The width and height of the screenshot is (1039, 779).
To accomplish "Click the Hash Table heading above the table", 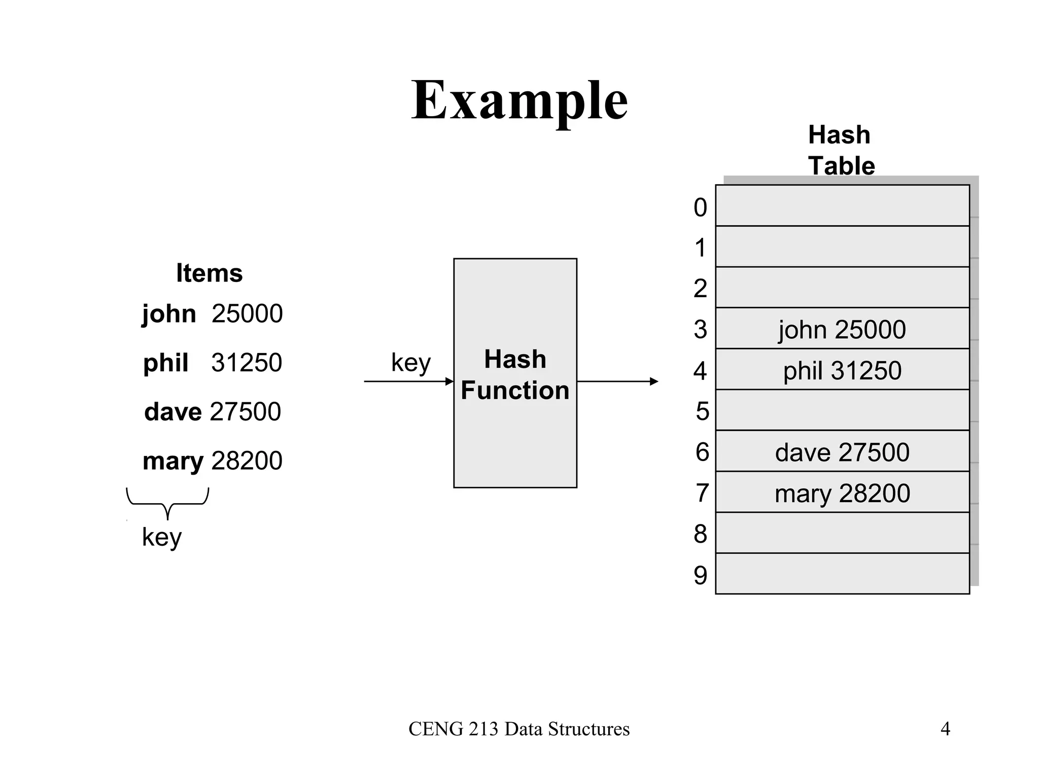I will coord(841,150).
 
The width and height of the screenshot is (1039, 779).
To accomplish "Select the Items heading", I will coord(209,273).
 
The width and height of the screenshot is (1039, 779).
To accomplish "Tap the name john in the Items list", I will coord(168,313).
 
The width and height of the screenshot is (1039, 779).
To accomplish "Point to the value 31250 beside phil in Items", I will coord(247,363).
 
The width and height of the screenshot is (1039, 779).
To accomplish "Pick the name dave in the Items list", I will coord(172,411).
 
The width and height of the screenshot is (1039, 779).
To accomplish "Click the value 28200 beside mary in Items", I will coord(247,461).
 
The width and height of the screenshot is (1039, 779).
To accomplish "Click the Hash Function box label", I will coord(515,375).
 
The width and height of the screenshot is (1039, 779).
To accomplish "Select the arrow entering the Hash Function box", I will coord(408,381).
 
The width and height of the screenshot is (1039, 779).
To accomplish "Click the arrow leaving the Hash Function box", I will coord(617,381).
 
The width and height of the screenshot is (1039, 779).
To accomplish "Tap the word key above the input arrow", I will coord(410,363).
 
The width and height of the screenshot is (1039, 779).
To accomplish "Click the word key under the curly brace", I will coord(161,537).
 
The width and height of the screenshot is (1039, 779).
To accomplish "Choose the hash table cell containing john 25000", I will coord(842,329).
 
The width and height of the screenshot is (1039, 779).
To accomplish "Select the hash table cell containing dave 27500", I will coord(842,452).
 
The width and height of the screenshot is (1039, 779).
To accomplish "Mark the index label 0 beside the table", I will coord(700,207).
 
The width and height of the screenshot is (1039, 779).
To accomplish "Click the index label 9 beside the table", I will coord(700,575).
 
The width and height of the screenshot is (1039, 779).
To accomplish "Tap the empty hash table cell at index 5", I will coord(842,410).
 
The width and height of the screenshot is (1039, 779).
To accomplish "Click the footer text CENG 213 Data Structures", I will coord(519,729).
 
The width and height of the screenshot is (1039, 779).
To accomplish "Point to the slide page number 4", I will coord(945,729).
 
